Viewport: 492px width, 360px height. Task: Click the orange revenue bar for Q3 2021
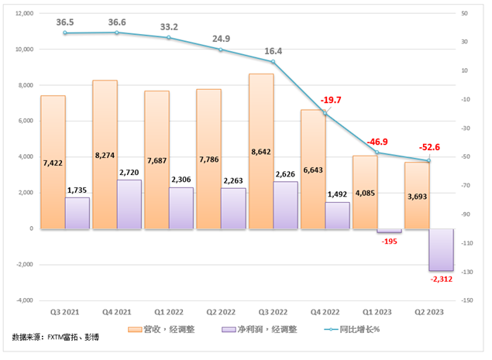coord(53,162)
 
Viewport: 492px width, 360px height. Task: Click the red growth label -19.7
coord(331,100)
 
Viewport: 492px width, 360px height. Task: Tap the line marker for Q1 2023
coord(377,153)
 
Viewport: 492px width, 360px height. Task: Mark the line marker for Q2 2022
coord(221,50)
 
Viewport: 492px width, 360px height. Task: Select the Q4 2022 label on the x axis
coord(325,312)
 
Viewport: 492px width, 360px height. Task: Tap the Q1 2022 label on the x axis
coord(169,312)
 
